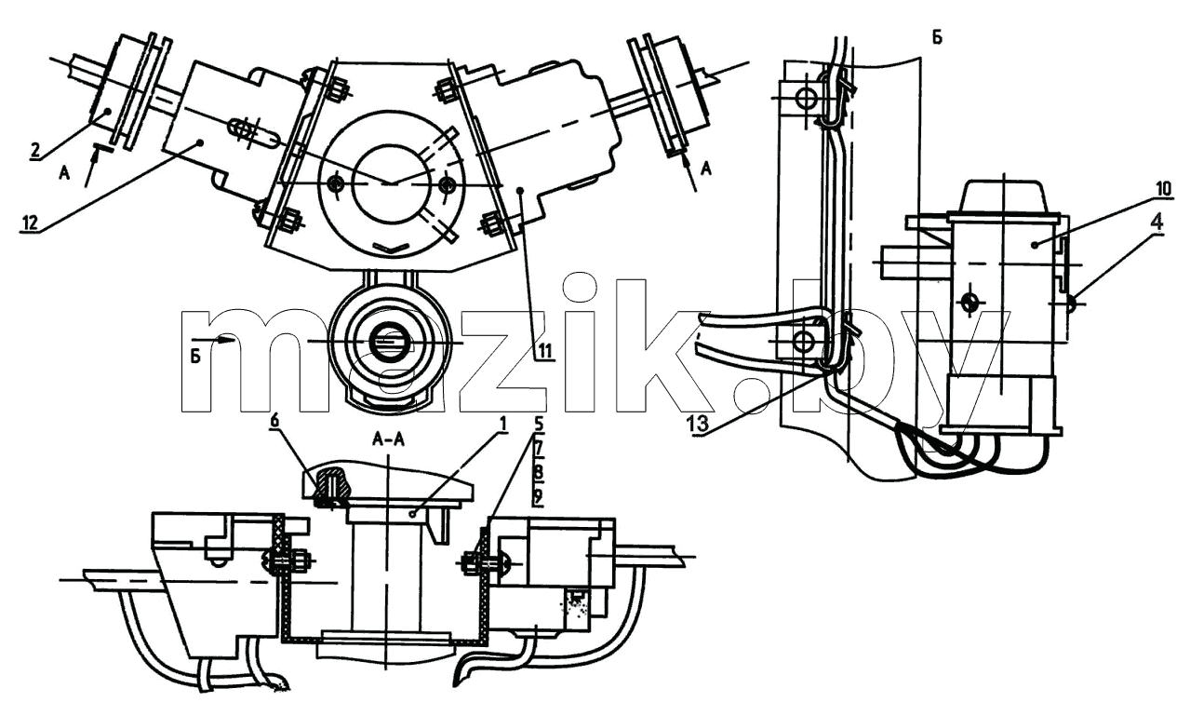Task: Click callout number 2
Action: click(x=34, y=150)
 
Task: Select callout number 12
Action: click(x=30, y=223)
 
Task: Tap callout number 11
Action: click(x=544, y=351)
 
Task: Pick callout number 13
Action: click(x=698, y=424)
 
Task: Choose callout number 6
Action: click(x=274, y=420)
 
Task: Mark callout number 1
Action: click(x=503, y=424)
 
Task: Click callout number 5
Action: click(x=539, y=424)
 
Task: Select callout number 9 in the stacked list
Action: click(x=538, y=496)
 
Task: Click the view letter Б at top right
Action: click(x=937, y=37)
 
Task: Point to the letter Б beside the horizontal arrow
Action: click(x=196, y=356)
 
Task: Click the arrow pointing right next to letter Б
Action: click(x=212, y=338)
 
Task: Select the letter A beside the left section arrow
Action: click(x=64, y=173)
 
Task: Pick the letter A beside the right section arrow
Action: click(x=705, y=169)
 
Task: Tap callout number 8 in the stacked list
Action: click(x=538, y=472)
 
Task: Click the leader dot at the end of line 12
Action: click(x=200, y=142)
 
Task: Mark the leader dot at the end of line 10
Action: click(x=1034, y=245)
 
